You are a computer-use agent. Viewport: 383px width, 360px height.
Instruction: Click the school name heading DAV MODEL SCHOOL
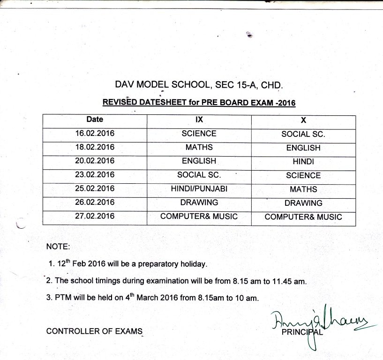tap(199, 85)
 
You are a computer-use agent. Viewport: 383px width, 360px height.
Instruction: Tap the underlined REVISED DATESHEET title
tap(199, 103)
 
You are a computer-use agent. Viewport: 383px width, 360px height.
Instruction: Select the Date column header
tap(95, 120)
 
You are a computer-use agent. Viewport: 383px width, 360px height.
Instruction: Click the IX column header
tap(199, 120)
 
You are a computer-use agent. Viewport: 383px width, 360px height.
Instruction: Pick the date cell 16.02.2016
tap(95, 134)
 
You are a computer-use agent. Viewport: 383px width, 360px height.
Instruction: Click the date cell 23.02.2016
tap(95, 175)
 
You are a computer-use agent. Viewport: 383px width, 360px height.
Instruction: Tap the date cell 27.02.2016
tap(95, 217)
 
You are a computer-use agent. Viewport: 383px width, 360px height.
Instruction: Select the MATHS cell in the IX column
tap(199, 148)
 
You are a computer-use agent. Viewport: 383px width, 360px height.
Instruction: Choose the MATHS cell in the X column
tap(303, 189)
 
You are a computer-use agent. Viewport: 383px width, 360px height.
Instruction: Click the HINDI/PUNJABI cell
tap(199, 189)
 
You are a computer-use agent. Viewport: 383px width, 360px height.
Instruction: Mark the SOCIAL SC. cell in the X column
tap(303, 134)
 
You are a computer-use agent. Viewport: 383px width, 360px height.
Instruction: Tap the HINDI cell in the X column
tap(303, 162)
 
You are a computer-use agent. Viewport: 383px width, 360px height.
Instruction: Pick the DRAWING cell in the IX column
tap(199, 202)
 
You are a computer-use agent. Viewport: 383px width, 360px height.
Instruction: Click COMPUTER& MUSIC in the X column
tap(303, 217)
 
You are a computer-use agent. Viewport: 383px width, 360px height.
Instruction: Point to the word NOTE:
tap(58, 247)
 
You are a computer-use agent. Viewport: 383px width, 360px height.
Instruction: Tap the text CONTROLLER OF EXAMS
tap(94, 331)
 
